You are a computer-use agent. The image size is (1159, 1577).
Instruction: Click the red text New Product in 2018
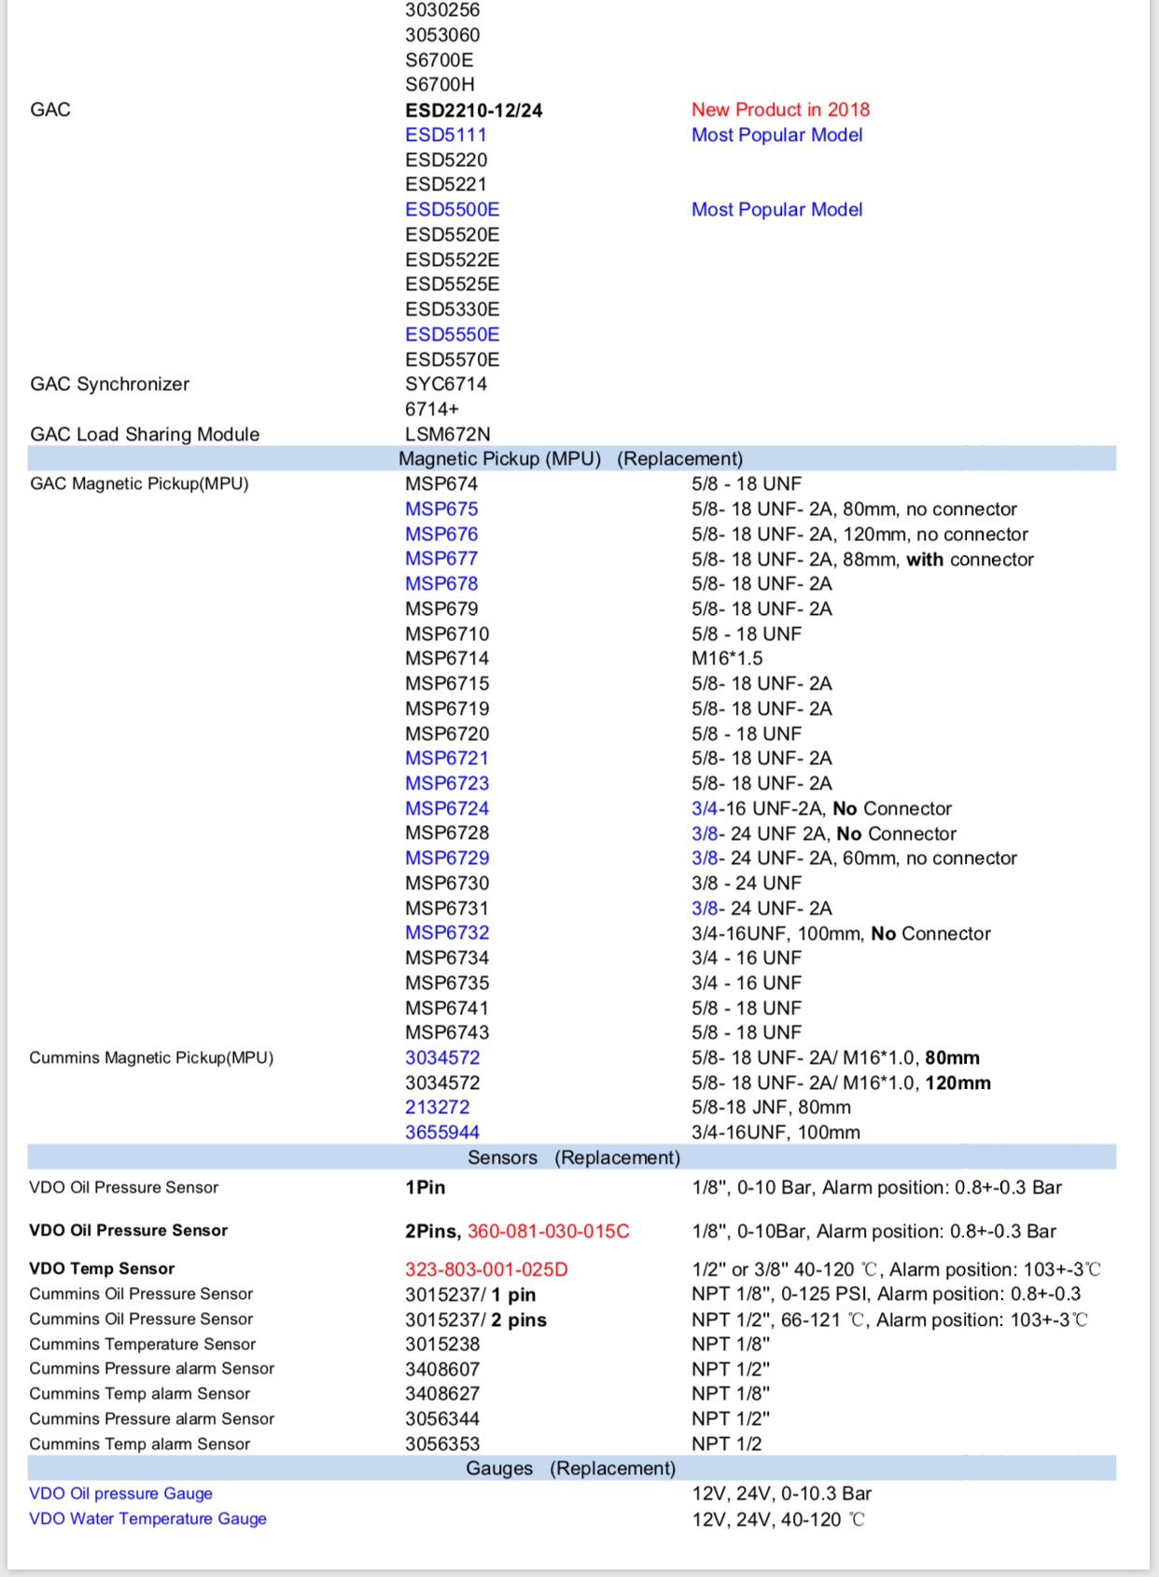[780, 110]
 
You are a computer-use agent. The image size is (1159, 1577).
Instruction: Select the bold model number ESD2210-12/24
[473, 110]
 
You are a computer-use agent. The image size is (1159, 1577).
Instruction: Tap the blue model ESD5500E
[452, 210]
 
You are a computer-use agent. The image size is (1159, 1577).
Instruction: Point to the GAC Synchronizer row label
[109, 384]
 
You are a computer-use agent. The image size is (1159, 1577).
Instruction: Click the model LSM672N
[447, 434]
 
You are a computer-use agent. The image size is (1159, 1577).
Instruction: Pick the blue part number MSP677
[440, 559]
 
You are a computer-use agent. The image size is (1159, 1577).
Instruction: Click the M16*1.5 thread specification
[727, 659]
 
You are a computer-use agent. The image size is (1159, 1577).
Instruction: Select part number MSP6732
[446, 933]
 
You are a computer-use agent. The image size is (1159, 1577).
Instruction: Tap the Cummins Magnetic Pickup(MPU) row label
[151, 1058]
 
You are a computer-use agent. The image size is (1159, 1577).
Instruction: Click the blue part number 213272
[437, 1108]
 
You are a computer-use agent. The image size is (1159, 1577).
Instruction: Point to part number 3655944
[441, 1133]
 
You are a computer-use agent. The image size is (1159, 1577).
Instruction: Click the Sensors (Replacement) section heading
[573, 1158]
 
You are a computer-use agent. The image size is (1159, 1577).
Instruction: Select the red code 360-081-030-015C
[548, 1232]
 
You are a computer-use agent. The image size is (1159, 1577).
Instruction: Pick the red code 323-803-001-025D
[485, 1270]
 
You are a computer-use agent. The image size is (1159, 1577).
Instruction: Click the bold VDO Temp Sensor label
[102, 1269]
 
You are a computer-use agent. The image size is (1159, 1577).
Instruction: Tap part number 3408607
[441, 1370]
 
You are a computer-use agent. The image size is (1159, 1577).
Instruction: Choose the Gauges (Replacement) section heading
[570, 1469]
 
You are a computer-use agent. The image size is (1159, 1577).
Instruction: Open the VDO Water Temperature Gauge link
[147, 1519]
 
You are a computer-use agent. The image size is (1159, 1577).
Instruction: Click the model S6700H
[440, 85]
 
